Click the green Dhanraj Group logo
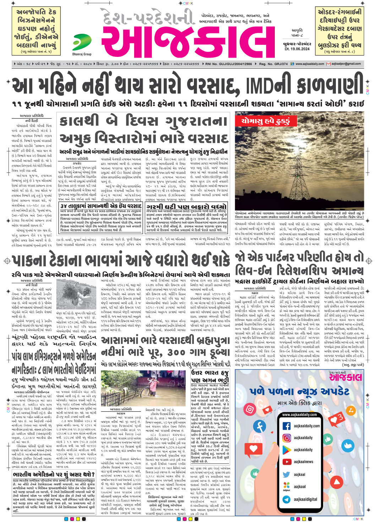click(x=82, y=43)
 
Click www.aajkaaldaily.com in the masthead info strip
click(x=310, y=64)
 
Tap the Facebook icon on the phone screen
click(x=287, y=426)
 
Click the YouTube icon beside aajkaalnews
click(x=287, y=462)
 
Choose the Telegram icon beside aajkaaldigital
click(x=287, y=499)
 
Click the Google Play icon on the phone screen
click(x=287, y=450)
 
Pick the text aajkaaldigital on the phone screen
click(x=305, y=499)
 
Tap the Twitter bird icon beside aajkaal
click(x=287, y=474)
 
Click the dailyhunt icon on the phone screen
click(x=287, y=487)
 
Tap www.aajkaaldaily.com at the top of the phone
click(x=299, y=415)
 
